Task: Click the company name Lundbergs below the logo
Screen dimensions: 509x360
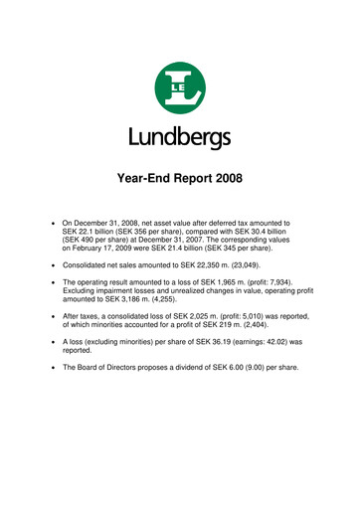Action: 179,136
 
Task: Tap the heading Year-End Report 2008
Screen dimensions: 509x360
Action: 179,181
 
